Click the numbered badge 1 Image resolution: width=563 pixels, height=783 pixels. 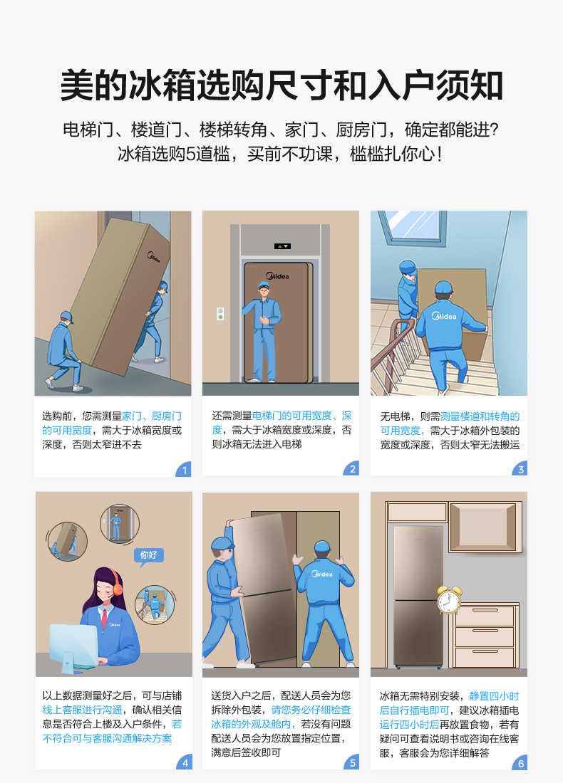point(184,469)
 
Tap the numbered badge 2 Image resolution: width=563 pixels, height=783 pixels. point(352,469)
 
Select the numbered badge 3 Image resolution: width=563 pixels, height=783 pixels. point(520,469)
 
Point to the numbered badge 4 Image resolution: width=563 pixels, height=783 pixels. point(184,762)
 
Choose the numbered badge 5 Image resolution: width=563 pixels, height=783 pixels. point(352,762)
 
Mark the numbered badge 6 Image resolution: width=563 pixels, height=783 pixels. point(520,762)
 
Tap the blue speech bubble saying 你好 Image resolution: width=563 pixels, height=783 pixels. point(148,555)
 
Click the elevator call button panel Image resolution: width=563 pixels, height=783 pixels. point(220,313)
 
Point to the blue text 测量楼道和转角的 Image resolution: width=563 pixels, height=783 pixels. point(480,416)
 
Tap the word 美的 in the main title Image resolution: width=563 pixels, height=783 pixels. point(93,86)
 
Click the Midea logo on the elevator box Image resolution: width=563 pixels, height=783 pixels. point(277,276)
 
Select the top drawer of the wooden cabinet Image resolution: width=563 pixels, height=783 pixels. point(485,615)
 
